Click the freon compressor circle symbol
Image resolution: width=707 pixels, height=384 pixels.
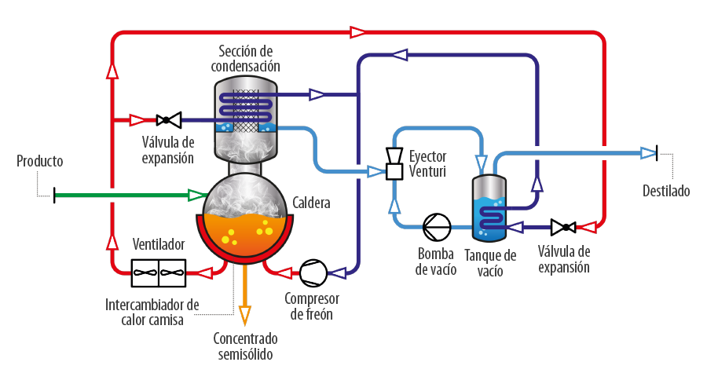(x=313, y=272)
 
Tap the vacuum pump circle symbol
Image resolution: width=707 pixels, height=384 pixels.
(x=437, y=227)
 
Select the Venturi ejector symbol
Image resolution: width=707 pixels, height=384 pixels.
(x=394, y=163)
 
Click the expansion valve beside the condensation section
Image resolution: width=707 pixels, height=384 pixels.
(x=169, y=120)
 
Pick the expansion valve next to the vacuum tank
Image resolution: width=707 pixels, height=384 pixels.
(x=563, y=227)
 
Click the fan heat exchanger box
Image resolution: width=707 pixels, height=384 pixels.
(x=158, y=272)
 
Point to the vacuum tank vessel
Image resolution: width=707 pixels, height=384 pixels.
(x=489, y=208)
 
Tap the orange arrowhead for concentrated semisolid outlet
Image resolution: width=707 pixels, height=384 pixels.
(x=245, y=316)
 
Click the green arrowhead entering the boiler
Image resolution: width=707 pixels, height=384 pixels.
(x=196, y=196)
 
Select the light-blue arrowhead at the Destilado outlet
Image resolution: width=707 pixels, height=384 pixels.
(x=648, y=153)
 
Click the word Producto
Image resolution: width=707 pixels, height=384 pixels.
(x=40, y=161)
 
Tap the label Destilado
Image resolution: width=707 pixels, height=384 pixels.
(x=666, y=191)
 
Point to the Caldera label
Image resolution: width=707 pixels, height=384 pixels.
(x=311, y=203)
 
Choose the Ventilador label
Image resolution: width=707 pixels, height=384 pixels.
(x=159, y=244)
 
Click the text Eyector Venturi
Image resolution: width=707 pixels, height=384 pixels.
(x=427, y=163)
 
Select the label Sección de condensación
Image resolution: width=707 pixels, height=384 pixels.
(x=245, y=59)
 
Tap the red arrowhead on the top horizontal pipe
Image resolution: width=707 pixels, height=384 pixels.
(x=358, y=32)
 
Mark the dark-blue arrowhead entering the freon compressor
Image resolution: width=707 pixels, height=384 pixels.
(x=337, y=272)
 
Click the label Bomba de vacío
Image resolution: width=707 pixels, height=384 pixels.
(x=436, y=261)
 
